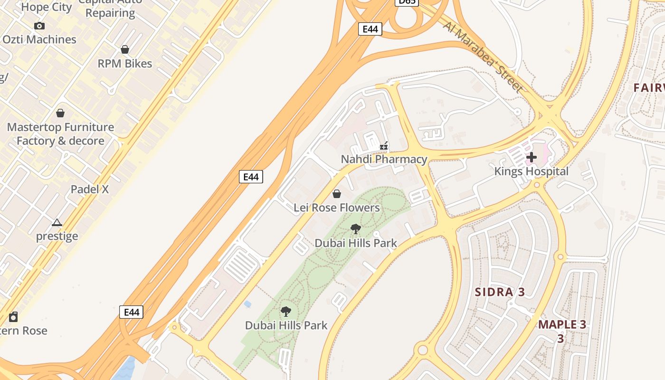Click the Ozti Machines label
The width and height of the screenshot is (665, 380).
point(39,39)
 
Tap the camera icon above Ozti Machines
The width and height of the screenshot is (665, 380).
point(39,26)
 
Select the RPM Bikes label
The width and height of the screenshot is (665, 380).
point(125,64)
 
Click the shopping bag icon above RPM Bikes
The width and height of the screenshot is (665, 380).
point(125,49)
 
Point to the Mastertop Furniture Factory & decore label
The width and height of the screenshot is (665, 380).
point(60,134)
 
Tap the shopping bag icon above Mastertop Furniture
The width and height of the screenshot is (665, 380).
point(60,113)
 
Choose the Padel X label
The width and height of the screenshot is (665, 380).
point(90,189)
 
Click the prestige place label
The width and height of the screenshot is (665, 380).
point(57,236)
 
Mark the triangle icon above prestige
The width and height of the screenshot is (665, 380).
point(57,222)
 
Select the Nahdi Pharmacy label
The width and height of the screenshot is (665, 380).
point(384,159)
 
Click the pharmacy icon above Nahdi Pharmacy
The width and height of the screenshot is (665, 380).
point(384,146)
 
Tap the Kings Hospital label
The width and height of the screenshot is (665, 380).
point(531,171)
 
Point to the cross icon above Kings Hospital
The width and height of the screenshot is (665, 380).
point(532,157)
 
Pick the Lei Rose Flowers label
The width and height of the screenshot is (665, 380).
point(337,208)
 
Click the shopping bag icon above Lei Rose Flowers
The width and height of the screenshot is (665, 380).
point(337,194)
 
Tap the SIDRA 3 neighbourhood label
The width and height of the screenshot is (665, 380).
point(500,292)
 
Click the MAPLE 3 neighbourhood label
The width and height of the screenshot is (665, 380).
point(562,325)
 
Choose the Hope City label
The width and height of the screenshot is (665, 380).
point(47,7)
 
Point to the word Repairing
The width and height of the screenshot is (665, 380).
point(110,13)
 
